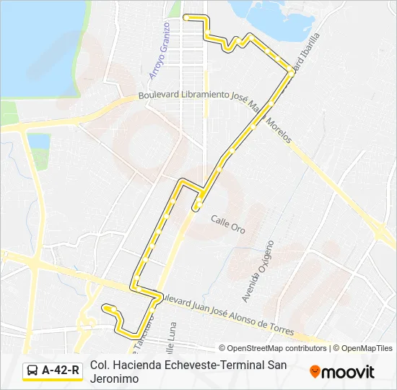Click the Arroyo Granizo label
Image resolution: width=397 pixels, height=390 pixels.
(158, 50)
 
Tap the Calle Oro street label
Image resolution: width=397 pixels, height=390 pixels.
(228, 223)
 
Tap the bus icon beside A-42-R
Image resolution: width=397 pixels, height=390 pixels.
(32, 370)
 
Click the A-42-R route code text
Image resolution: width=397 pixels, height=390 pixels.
(61, 370)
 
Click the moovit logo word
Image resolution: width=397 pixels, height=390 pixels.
(348, 372)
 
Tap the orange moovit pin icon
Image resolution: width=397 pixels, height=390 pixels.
(315, 371)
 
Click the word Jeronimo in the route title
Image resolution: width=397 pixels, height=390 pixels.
(115, 378)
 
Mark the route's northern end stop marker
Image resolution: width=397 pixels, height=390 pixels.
(186, 17)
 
